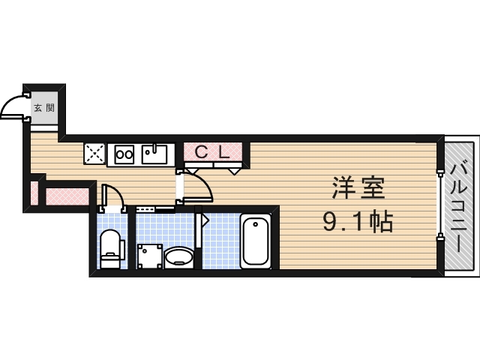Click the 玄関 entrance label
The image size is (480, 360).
(x=43, y=108)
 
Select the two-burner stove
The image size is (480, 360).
(x=124, y=155)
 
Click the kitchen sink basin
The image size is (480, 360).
(x=154, y=156)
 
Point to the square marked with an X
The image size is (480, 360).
(x=95, y=154)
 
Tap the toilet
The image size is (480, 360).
(x=110, y=247)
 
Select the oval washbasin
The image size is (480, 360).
(x=179, y=256)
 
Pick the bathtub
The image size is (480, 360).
(x=256, y=240)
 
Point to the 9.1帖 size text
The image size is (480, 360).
(x=358, y=221)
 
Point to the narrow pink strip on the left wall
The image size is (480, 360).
(x=34, y=192)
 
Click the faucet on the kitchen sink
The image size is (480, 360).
(x=156, y=147)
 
